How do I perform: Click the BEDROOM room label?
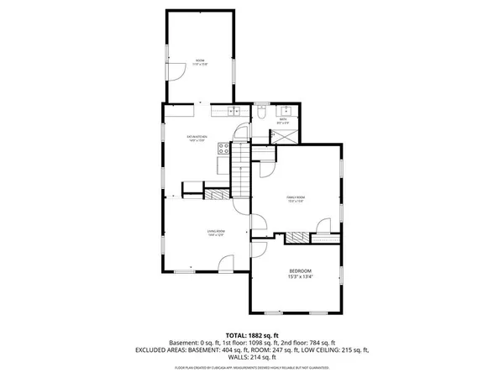(x=300, y=270)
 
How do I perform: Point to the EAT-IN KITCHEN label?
(x=197, y=135)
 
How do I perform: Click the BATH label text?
(x=284, y=120)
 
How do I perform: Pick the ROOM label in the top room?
(x=200, y=60)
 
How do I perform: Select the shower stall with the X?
(x=286, y=135)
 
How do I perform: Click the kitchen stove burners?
(x=224, y=148)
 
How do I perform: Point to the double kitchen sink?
(x=234, y=110)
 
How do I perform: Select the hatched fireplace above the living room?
(x=217, y=193)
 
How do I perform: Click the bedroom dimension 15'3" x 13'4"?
(x=300, y=276)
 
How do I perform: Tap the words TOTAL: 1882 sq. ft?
(x=251, y=335)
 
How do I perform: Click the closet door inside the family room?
(x=323, y=223)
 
